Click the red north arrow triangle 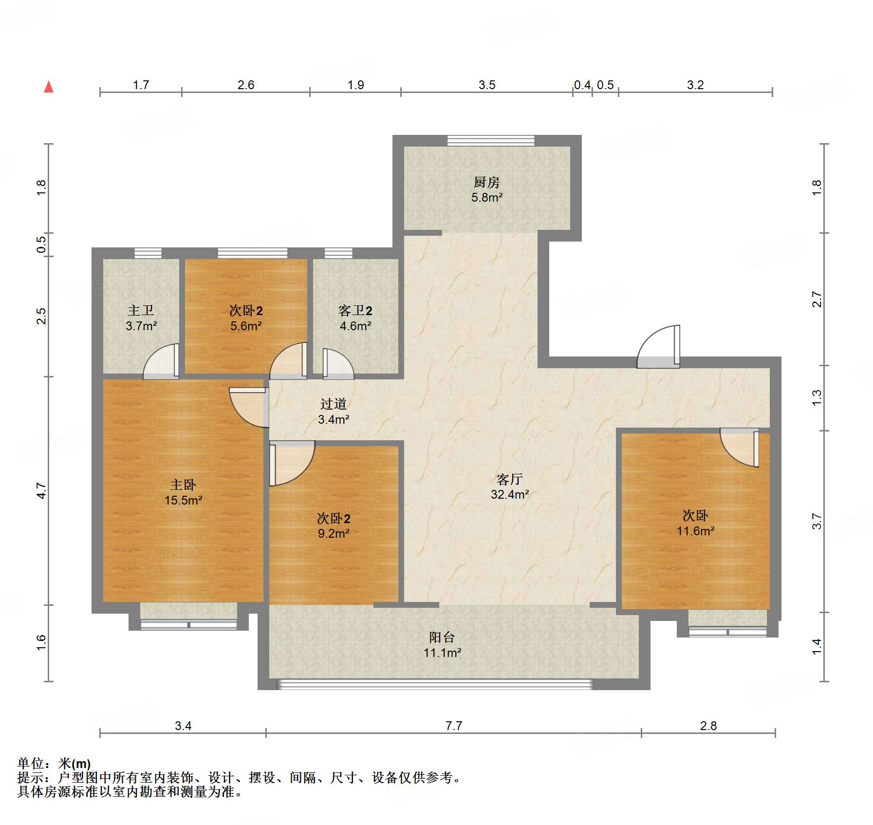point(49,87)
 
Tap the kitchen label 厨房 point(486,183)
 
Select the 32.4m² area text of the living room point(510,494)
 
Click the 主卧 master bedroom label point(183,485)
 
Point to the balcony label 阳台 point(442,637)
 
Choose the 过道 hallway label point(334,404)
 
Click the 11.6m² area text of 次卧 point(695,531)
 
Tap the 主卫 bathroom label point(141,310)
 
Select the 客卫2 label point(355,310)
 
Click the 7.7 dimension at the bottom point(453,726)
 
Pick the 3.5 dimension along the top point(486,85)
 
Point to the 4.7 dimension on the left point(42,490)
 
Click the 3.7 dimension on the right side point(817,522)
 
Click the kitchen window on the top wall point(491,140)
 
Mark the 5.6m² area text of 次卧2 point(246,326)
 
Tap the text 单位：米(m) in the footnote point(54,763)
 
